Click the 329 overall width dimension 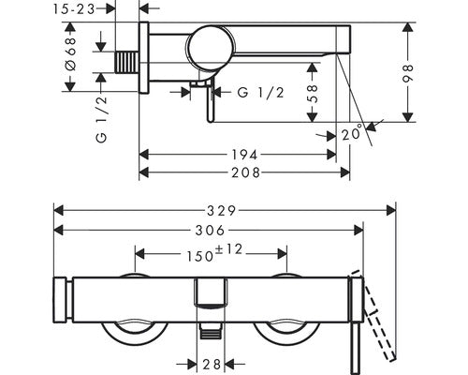[x=221, y=211]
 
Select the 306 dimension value [x=210, y=231]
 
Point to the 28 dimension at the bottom [x=212, y=364]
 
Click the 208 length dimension [x=245, y=172]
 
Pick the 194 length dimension [x=245, y=155]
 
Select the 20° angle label [x=352, y=133]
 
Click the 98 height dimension [x=408, y=73]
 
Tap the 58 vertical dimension [x=313, y=94]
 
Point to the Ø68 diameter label [x=70, y=54]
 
